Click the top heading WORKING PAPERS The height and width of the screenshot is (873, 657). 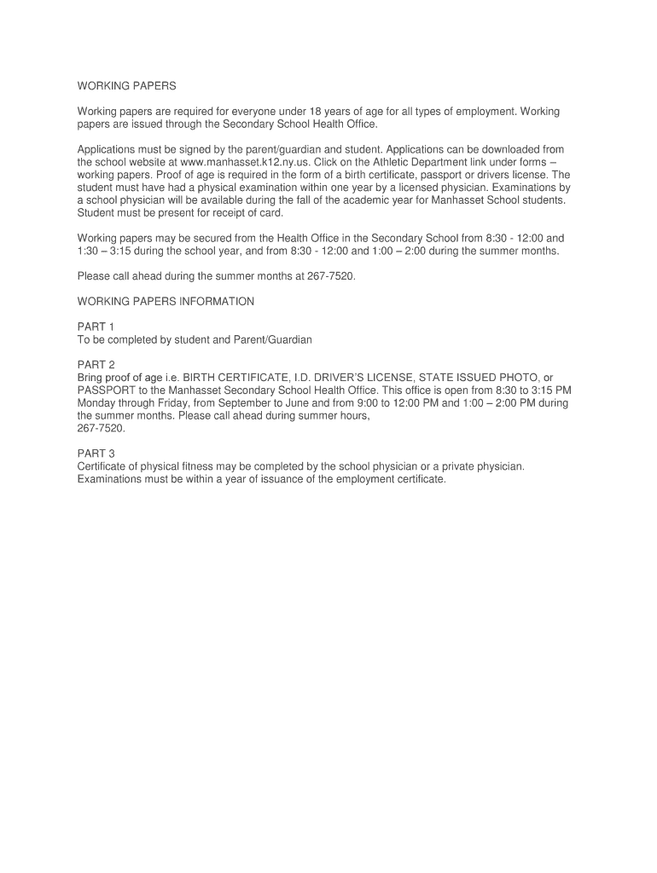coord(126,86)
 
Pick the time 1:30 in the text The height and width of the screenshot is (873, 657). coord(89,251)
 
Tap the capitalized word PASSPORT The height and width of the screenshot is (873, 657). coord(103,390)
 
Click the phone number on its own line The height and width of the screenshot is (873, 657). coord(101,427)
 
